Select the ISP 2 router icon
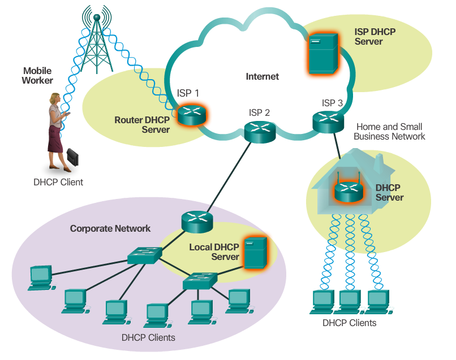[x=260, y=132]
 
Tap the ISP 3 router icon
[x=328, y=120]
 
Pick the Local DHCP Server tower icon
[x=256, y=253]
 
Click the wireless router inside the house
[x=347, y=191]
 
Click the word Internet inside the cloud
[x=262, y=76]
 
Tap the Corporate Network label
[x=110, y=228]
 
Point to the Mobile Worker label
[x=37, y=76]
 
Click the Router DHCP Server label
[x=142, y=124]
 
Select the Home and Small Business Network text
[x=391, y=132]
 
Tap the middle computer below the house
[x=350, y=301]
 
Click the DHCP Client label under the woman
[x=58, y=182]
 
